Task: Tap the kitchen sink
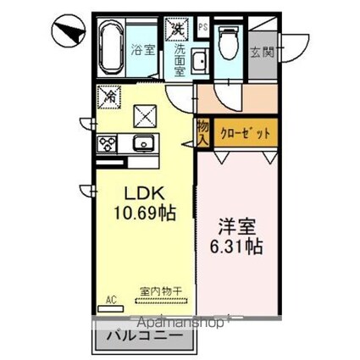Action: (141, 141)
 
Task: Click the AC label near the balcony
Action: (110, 297)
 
